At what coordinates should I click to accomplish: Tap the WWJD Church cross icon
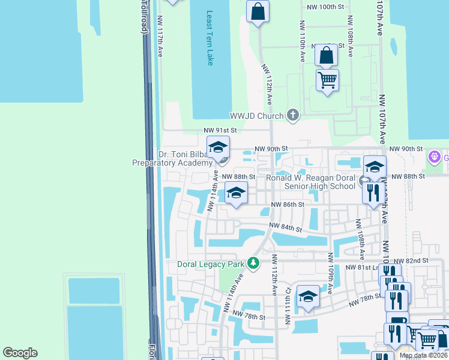(293, 115)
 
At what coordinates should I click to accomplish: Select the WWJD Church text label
(257, 116)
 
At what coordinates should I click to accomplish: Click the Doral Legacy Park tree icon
(254, 263)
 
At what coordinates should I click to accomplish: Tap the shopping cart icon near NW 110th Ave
(327, 80)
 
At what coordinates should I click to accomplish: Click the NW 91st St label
(220, 130)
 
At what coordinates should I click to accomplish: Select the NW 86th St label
(288, 205)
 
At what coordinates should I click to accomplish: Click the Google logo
(20, 353)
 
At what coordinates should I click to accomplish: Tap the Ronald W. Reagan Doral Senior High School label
(311, 182)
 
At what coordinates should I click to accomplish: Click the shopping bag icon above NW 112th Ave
(258, 11)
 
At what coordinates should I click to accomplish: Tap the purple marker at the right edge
(435, 157)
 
